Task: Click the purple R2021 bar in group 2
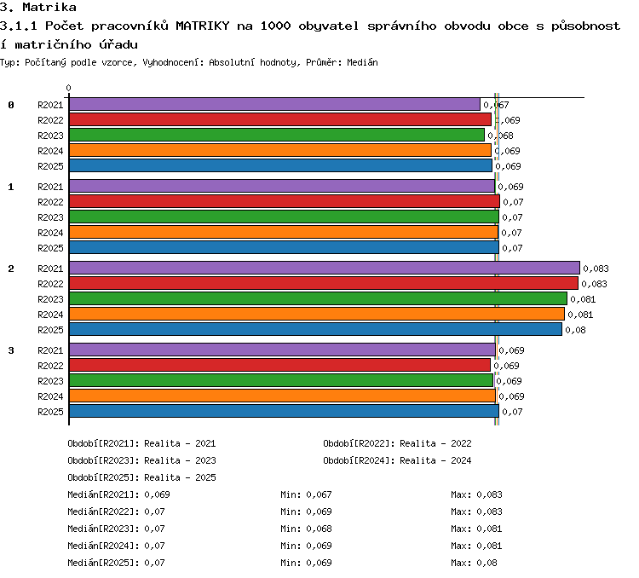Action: coord(325,268)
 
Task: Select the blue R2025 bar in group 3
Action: coord(284,411)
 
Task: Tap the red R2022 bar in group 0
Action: coord(280,119)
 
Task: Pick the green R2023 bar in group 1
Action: coord(284,217)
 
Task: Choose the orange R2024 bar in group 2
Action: coord(317,314)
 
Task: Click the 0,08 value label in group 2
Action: coord(575,330)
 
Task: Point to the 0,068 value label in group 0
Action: coord(500,136)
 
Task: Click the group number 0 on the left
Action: coord(11,105)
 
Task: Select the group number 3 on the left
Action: coord(11,350)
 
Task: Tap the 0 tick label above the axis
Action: coord(68,88)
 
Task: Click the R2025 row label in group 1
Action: coord(50,248)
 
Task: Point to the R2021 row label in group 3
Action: coord(50,350)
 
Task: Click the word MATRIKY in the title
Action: coord(203,26)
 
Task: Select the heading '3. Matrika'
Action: coord(38,7)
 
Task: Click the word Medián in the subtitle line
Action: coord(362,62)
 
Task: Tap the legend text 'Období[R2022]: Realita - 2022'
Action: coord(397,443)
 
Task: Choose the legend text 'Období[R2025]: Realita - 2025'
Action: coord(141,477)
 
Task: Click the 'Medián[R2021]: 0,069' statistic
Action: coord(118,494)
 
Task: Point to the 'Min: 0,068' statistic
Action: coord(306,529)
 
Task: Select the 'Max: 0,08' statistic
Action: coord(474,563)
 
